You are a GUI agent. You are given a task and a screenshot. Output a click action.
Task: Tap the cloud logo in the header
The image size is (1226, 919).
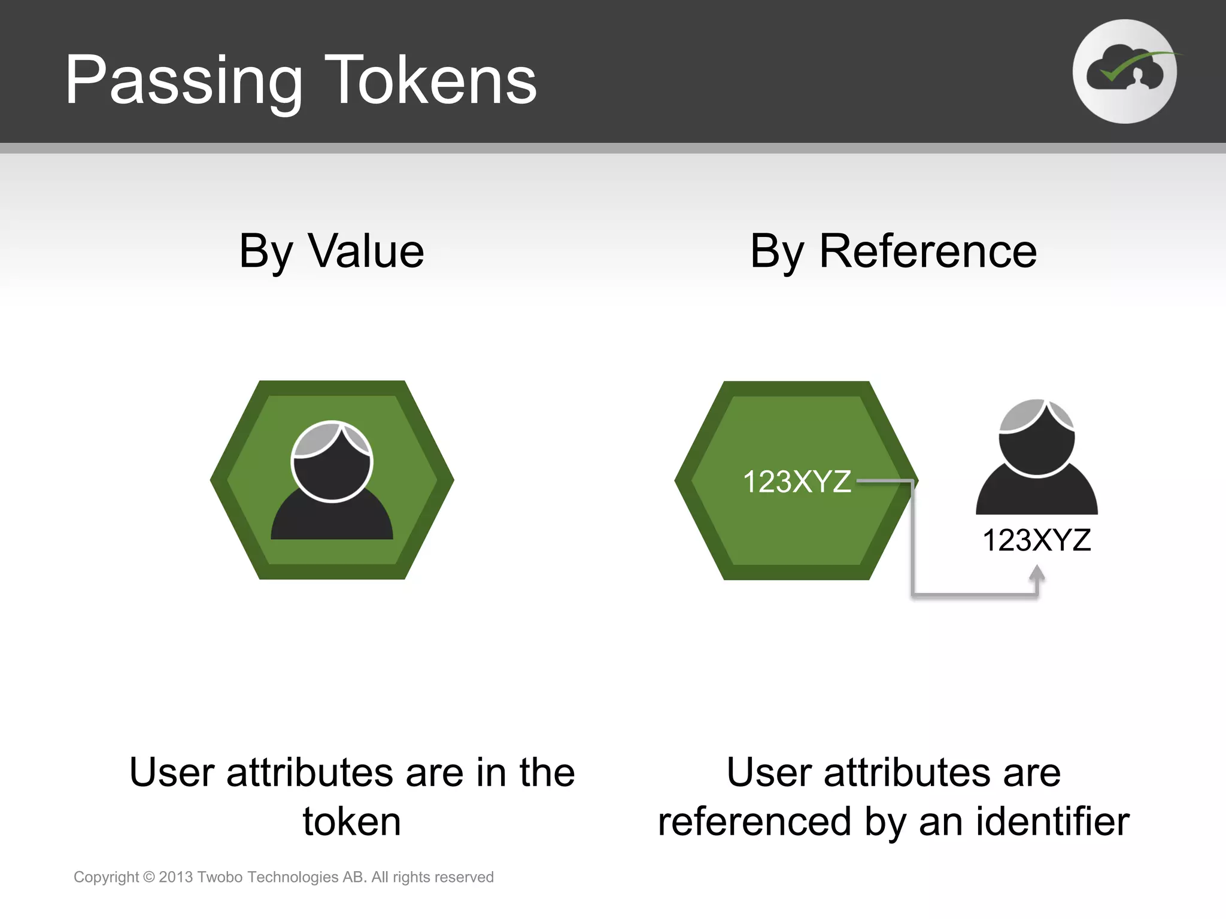click(x=1124, y=72)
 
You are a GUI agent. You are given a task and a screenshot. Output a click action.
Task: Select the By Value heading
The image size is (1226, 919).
click(x=332, y=251)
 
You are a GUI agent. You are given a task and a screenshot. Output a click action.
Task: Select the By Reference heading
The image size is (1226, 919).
click(x=893, y=251)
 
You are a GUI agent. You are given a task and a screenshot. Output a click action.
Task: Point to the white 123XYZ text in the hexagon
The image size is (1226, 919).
click(x=797, y=482)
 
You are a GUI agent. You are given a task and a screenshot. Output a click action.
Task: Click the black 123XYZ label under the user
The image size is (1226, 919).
click(x=1036, y=540)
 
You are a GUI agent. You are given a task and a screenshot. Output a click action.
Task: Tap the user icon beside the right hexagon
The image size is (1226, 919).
click(x=1037, y=457)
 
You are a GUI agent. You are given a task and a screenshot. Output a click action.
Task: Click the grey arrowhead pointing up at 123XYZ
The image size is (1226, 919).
click(x=1037, y=574)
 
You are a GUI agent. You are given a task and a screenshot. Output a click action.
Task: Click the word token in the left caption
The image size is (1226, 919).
click(x=352, y=821)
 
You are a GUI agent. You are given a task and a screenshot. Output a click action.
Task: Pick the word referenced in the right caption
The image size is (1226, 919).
click(x=754, y=821)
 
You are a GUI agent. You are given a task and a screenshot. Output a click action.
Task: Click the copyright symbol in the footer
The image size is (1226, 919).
click(x=149, y=877)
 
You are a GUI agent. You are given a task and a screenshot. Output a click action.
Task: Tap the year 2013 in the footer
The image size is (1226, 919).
click(x=175, y=877)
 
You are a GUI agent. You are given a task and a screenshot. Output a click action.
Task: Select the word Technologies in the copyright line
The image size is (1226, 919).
click(x=293, y=877)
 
